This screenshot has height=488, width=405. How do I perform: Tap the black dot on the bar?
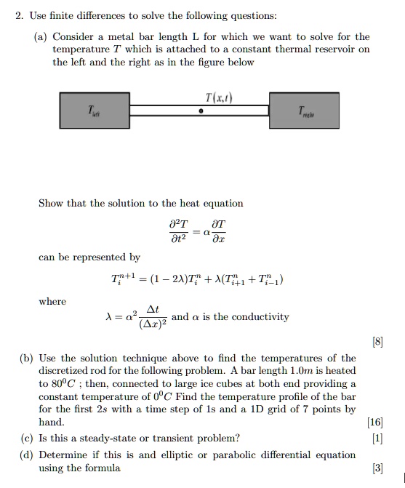coord(201,112)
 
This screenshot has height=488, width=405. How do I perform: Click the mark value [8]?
coord(376,343)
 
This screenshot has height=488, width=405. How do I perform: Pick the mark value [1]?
coord(377,438)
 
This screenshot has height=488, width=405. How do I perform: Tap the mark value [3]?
coord(377,468)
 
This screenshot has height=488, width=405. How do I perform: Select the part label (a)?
coord(40,36)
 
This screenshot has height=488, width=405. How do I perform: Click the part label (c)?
coord(40,438)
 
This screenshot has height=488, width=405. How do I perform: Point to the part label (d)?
coord(40,455)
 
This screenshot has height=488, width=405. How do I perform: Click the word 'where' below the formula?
coord(52,301)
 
